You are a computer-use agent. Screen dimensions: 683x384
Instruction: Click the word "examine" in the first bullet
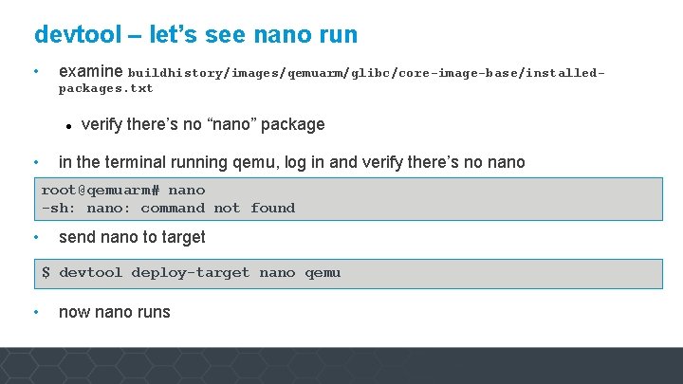click(91, 71)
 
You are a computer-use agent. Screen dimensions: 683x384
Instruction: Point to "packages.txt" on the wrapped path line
click(105, 88)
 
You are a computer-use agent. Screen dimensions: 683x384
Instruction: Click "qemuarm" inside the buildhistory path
click(313, 72)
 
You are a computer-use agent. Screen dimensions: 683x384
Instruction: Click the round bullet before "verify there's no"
click(69, 125)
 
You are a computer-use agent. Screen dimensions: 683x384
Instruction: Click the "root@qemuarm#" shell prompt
click(101, 191)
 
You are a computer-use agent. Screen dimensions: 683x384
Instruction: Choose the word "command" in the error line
click(173, 208)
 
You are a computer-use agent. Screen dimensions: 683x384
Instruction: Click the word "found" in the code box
click(273, 208)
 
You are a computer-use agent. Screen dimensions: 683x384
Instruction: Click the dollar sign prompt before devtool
click(46, 273)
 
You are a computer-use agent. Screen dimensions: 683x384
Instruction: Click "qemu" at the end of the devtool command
click(323, 273)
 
